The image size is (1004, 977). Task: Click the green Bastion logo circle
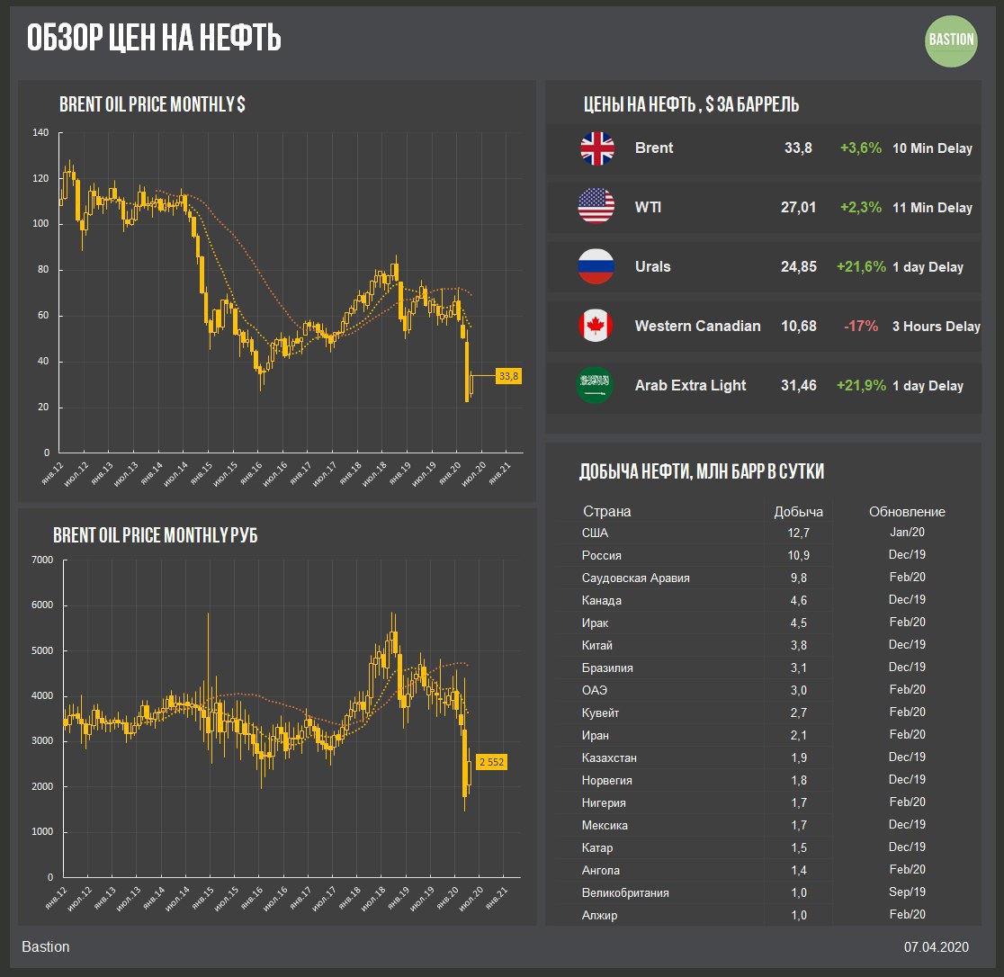click(x=951, y=40)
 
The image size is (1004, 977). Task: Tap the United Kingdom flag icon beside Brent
click(x=596, y=148)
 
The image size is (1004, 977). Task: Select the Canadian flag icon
click(x=596, y=327)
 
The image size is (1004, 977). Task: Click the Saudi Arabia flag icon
click(x=595, y=386)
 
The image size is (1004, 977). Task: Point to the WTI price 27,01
click(x=798, y=208)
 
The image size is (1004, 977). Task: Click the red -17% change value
click(x=861, y=327)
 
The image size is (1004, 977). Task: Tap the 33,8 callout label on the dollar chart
click(x=509, y=376)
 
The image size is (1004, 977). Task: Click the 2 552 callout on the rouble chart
click(x=491, y=762)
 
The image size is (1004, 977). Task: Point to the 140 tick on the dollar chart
click(x=40, y=133)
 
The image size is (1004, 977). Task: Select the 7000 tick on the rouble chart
click(x=43, y=560)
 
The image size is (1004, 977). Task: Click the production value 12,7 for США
click(x=798, y=533)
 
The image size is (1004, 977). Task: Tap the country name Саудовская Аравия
click(x=636, y=578)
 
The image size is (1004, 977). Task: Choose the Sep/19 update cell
click(x=907, y=892)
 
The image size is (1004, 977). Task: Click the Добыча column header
click(x=798, y=512)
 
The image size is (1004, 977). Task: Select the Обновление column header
click(x=907, y=512)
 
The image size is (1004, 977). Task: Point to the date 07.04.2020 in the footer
click(x=936, y=946)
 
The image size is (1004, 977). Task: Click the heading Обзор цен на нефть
click(x=153, y=39)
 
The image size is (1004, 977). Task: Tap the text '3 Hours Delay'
click(x=936, y=327)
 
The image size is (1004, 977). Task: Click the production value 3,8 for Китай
click(x=798, y=646)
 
